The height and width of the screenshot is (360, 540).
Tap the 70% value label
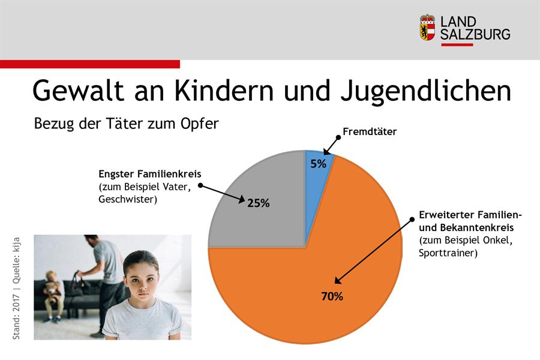pos(332,296)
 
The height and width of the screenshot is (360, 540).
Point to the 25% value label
pos(258,203)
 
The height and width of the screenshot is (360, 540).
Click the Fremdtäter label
pos(370,131)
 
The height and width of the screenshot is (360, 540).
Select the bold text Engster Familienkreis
pos(150,174)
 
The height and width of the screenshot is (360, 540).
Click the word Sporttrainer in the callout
pos(446,253)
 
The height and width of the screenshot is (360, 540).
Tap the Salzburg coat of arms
pos(427,27)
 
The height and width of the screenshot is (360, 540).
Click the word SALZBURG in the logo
pos(475,34)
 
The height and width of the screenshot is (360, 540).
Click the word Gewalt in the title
pos(78,90)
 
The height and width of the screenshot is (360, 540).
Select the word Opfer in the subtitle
pos(199,124)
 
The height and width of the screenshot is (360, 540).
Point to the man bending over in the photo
pos(103,275)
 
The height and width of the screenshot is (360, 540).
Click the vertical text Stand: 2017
pos(16,317)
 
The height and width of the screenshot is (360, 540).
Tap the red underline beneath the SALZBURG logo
pos(457,45)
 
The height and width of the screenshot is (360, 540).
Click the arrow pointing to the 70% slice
pos(373,251)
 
